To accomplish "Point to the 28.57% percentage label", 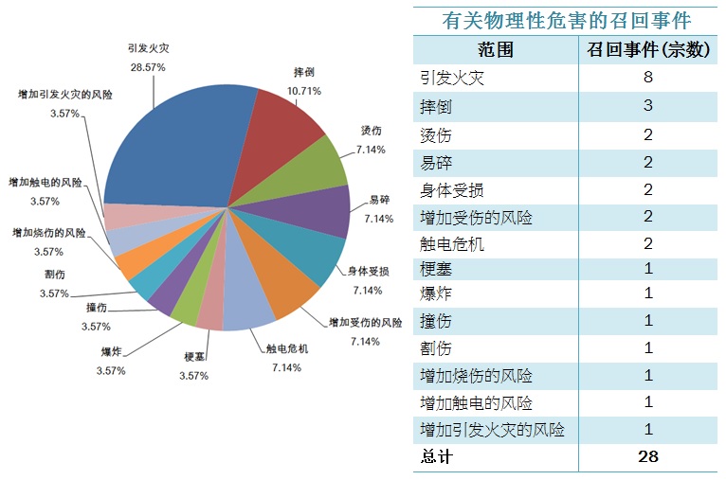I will coord(148,67).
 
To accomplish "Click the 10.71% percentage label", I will coord(304,91).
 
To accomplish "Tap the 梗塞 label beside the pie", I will coord(195,357).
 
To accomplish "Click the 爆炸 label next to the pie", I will coord(111,352).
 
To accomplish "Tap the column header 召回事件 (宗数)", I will coord(648,50).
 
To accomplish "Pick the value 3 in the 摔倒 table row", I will coord(648,105).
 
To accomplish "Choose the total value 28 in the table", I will coord(648,456).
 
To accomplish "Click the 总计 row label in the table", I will coord(437,456).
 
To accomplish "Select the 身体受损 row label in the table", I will coord(451,190).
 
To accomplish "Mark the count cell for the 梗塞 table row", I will coord(648,269).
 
